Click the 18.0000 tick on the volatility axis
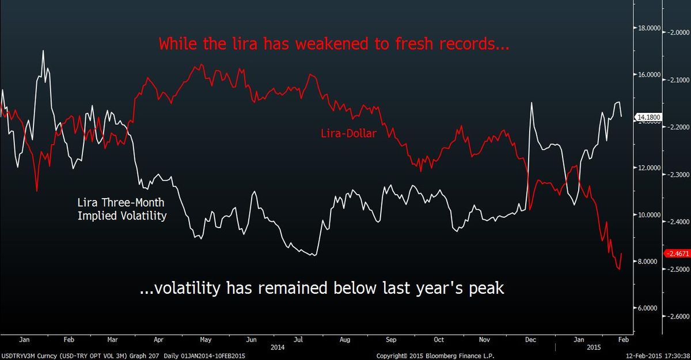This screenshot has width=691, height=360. click(647, 28)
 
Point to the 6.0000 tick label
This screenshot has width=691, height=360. click(647, 308)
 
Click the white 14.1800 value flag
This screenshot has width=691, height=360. click(648, 118)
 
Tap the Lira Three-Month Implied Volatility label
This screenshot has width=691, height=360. click(122, 210)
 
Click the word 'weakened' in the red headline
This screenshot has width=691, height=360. click(279, 44)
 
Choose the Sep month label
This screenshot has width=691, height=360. click(390, 340)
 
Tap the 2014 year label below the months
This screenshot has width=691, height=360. click(278, 348)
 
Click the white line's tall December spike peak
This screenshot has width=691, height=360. click(530, 103)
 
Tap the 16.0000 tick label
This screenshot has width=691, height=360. click(647, 75)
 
